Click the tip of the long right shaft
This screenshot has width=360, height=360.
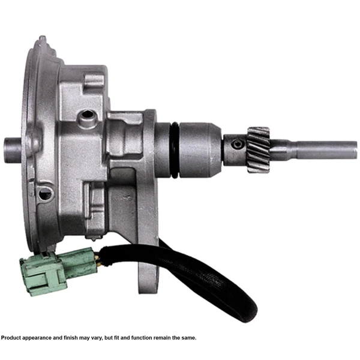tap(354, 149)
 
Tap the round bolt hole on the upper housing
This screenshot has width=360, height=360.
tap(91, 115)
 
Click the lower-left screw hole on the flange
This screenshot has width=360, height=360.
tap(43, 194)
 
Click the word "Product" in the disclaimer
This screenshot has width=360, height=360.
tap(12, 338)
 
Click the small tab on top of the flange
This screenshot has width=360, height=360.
tap(43, 41)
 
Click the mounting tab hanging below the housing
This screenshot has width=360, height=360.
tap(151, 276)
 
